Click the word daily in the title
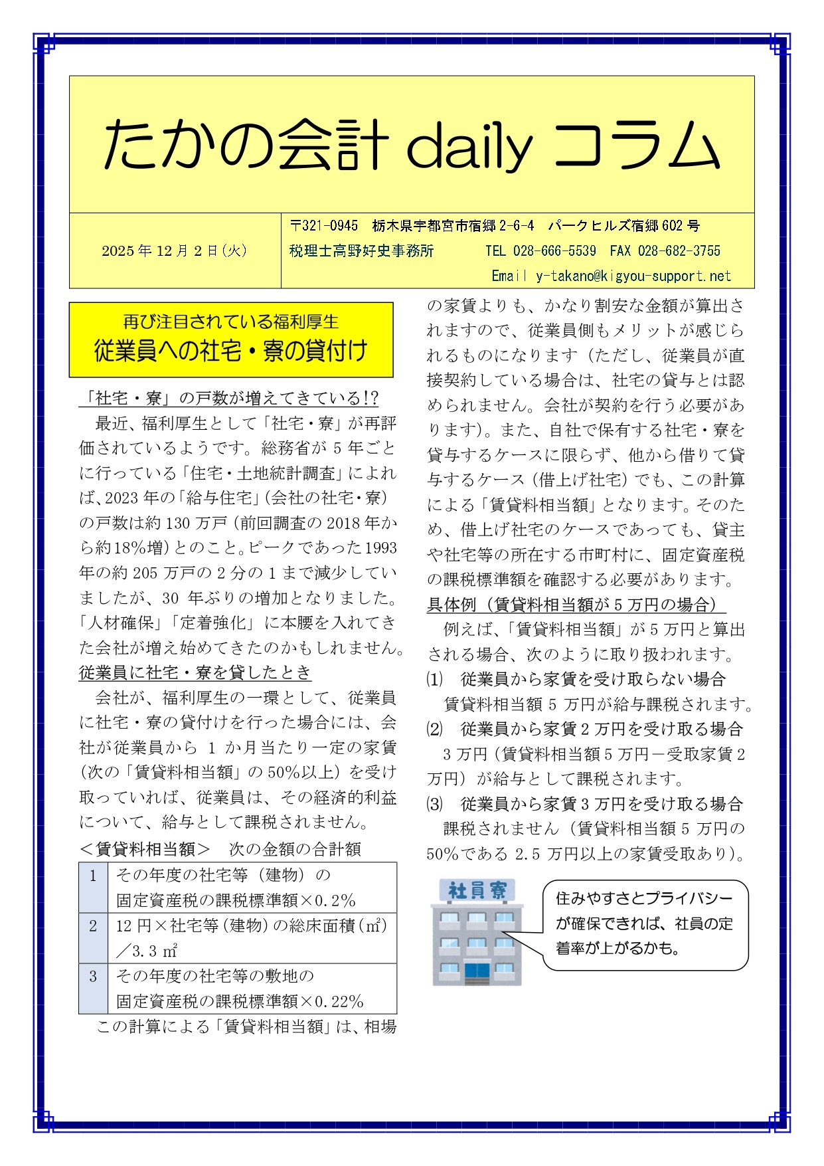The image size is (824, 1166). click(x=468, y=145)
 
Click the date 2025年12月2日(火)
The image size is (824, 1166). click(x=175, y=250)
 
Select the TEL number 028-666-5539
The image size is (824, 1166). click(x=554, y=251)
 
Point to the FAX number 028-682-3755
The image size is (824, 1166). click(x=679, y=251)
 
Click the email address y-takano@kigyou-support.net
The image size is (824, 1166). click(x=633, y=276)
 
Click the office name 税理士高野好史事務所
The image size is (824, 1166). click(x=361, y=251)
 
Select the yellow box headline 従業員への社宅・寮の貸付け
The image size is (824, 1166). click(x=230, y=351)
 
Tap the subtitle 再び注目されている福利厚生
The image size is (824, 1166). click(x=230, y=322)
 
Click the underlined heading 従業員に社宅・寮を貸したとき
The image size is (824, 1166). click(x=195, y=672)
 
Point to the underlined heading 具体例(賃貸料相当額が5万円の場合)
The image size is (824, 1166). click(x=575, y=605)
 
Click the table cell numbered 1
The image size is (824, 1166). click(x=93, y=876)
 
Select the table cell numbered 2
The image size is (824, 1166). click(x=93, y=925)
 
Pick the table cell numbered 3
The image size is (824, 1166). click(x=93, y=976)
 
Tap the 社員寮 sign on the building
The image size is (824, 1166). click(x=477, y=890)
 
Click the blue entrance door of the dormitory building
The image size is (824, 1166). click(x=476, y=973)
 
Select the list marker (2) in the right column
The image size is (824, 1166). click(x=434, y=729)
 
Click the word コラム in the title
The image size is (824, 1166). click(x=635, y=145)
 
